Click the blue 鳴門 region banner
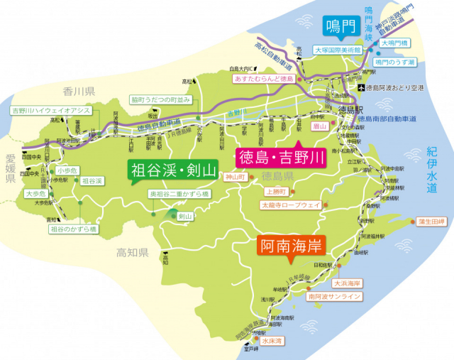(x=338, y=26)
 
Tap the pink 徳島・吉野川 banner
(x=279, y=156)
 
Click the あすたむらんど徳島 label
(x=262, y=78)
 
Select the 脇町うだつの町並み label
(x=160, y=100)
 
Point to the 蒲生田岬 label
(x=431, y=221)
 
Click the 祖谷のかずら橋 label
(x=73, y=229)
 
